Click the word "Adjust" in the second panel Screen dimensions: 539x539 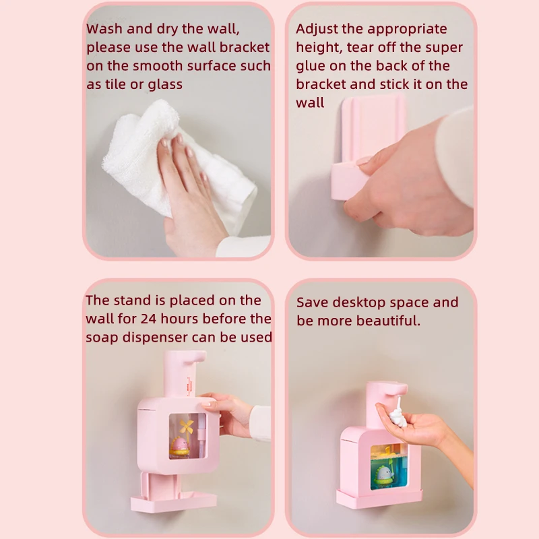(x=318, y=29)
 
